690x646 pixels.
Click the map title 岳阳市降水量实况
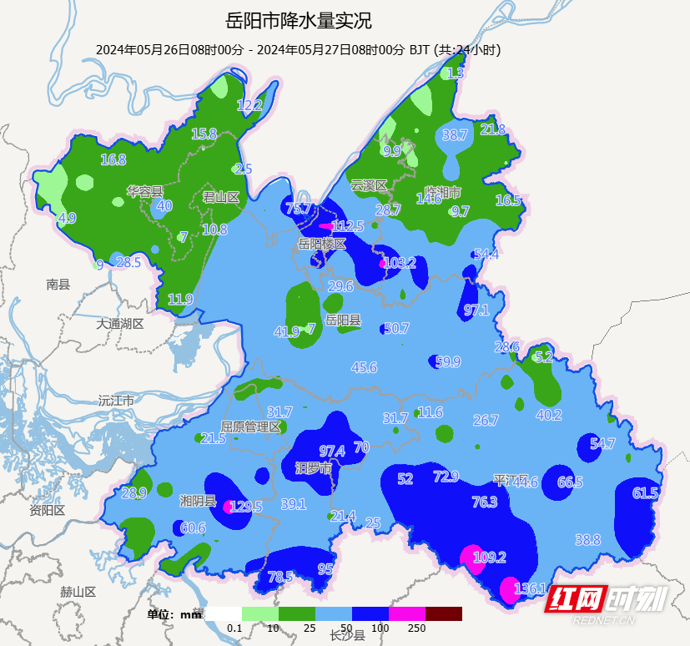click(x=298, y=20)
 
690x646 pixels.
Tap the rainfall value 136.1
click(x=531, y=588)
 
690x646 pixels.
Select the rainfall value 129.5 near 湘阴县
click(x=245, y=507)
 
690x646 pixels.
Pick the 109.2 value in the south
click(x=490, y=558)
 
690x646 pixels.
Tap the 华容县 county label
click(x=145, y=191)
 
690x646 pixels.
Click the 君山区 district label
click(x=221, y=197)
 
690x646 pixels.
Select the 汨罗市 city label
click(x=314, y=468)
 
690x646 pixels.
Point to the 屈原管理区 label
click(x=250, y=426)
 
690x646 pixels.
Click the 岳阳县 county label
click(x=343, y=320)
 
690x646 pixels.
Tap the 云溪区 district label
click(x=369, y=184)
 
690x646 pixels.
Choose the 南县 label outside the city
click(x=58, y=285)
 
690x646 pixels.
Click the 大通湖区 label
click(x=119, y=323)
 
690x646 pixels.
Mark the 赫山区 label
click(x=78, y=592)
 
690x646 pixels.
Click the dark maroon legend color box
click(x=443, y=614)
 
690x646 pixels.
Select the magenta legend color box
click(x=406, y=614)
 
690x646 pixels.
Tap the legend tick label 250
click(x=417, y=628)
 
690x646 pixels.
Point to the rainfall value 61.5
click(x=645, y=493)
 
